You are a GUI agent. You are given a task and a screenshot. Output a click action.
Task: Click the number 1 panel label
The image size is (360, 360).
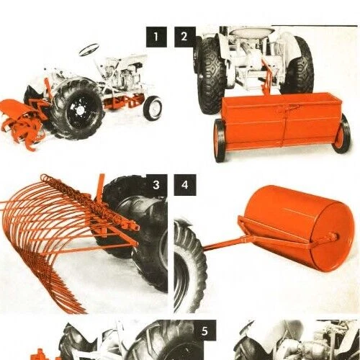[x=156, y=36]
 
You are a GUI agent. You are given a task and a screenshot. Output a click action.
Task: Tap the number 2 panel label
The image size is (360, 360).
[x=185, y=36]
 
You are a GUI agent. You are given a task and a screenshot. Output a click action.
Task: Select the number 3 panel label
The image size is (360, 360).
[x=156, y=185]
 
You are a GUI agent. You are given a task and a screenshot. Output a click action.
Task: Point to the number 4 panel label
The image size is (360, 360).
[x=185, y=185]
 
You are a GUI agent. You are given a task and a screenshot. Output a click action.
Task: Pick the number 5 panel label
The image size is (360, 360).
[x=205, y=332]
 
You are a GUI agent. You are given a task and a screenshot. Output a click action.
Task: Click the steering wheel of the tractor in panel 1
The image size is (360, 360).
[x=89, y=50]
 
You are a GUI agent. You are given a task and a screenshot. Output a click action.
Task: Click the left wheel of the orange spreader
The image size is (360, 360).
[x=220, y=138]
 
